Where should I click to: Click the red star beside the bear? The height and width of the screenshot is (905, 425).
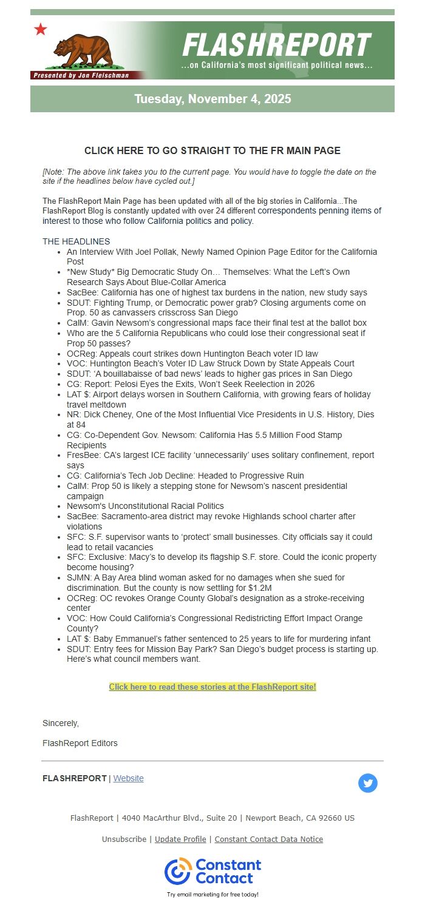[41, 29]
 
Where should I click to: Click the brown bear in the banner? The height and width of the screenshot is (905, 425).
[83, 50]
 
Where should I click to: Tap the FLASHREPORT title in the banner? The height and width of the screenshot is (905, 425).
[276, 45]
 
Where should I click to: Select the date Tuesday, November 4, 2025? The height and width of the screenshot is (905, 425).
[212, 99]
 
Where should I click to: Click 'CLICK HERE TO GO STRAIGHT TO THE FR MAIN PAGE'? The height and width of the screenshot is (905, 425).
[212, 150]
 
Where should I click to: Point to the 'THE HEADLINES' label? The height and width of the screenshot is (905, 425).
[76, 241]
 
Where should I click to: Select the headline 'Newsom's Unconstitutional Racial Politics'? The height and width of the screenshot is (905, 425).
[145, 506]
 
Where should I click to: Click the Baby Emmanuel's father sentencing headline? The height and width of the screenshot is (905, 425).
[219, 639]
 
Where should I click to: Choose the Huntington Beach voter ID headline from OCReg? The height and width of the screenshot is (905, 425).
[192, 354]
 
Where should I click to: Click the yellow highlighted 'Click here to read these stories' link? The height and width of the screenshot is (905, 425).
[212, 687]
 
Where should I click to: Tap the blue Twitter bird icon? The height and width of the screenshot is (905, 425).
[367, 783]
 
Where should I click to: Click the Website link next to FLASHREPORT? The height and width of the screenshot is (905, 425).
[128, 778]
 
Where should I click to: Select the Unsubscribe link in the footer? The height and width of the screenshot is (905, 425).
[124, 839]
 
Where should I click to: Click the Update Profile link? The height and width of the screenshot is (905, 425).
[180, 839]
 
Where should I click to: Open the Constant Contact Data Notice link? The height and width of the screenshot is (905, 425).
[268, 839]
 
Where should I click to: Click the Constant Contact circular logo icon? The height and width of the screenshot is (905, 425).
[178, 871]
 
